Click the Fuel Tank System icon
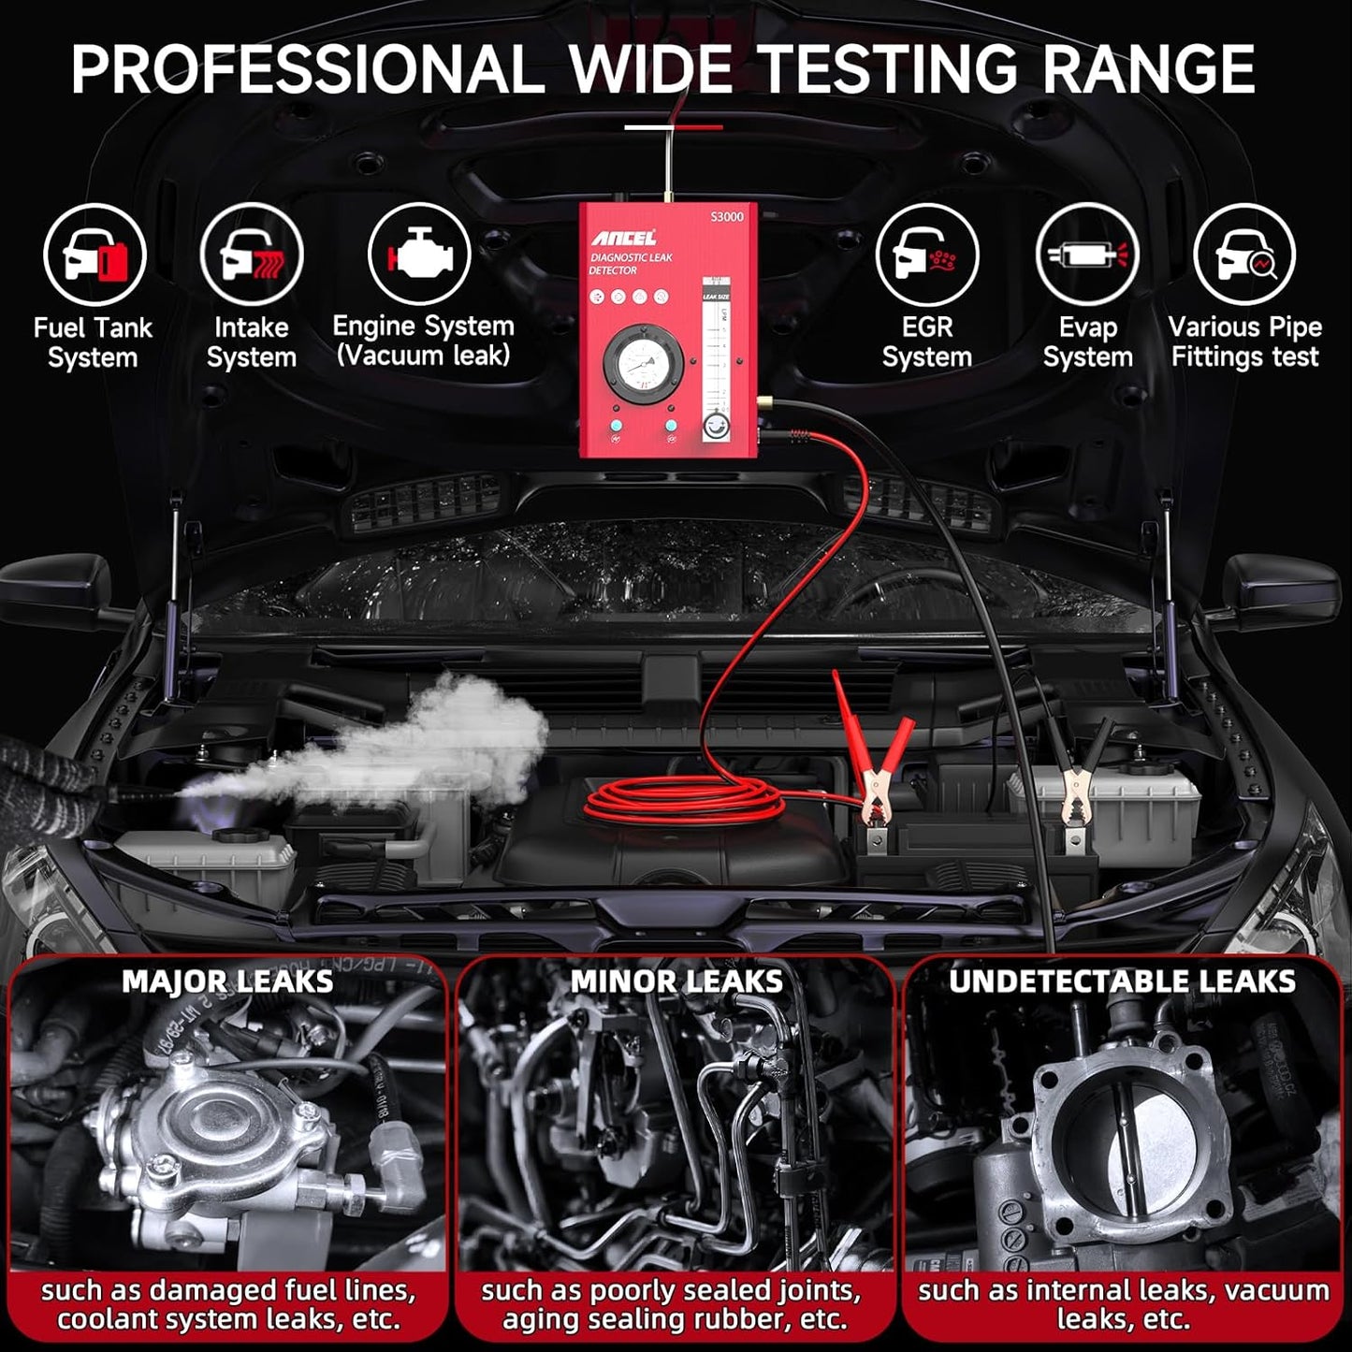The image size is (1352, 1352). [x=94, y=254]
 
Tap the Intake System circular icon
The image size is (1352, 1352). [x=251, y=254]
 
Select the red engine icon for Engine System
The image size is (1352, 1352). [x=418, y=254]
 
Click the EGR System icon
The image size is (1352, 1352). [x=926, y=254]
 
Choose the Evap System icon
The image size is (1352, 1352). [x=1086, y=254]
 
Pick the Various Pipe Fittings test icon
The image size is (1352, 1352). [x=1244, y=254]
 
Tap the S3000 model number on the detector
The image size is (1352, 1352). [x=727, y=217]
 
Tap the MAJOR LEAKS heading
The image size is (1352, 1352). [x=227, y=981]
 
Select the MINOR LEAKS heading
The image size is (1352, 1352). [x=676, y=981]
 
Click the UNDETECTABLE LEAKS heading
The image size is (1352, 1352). [x=1122, y=981]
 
